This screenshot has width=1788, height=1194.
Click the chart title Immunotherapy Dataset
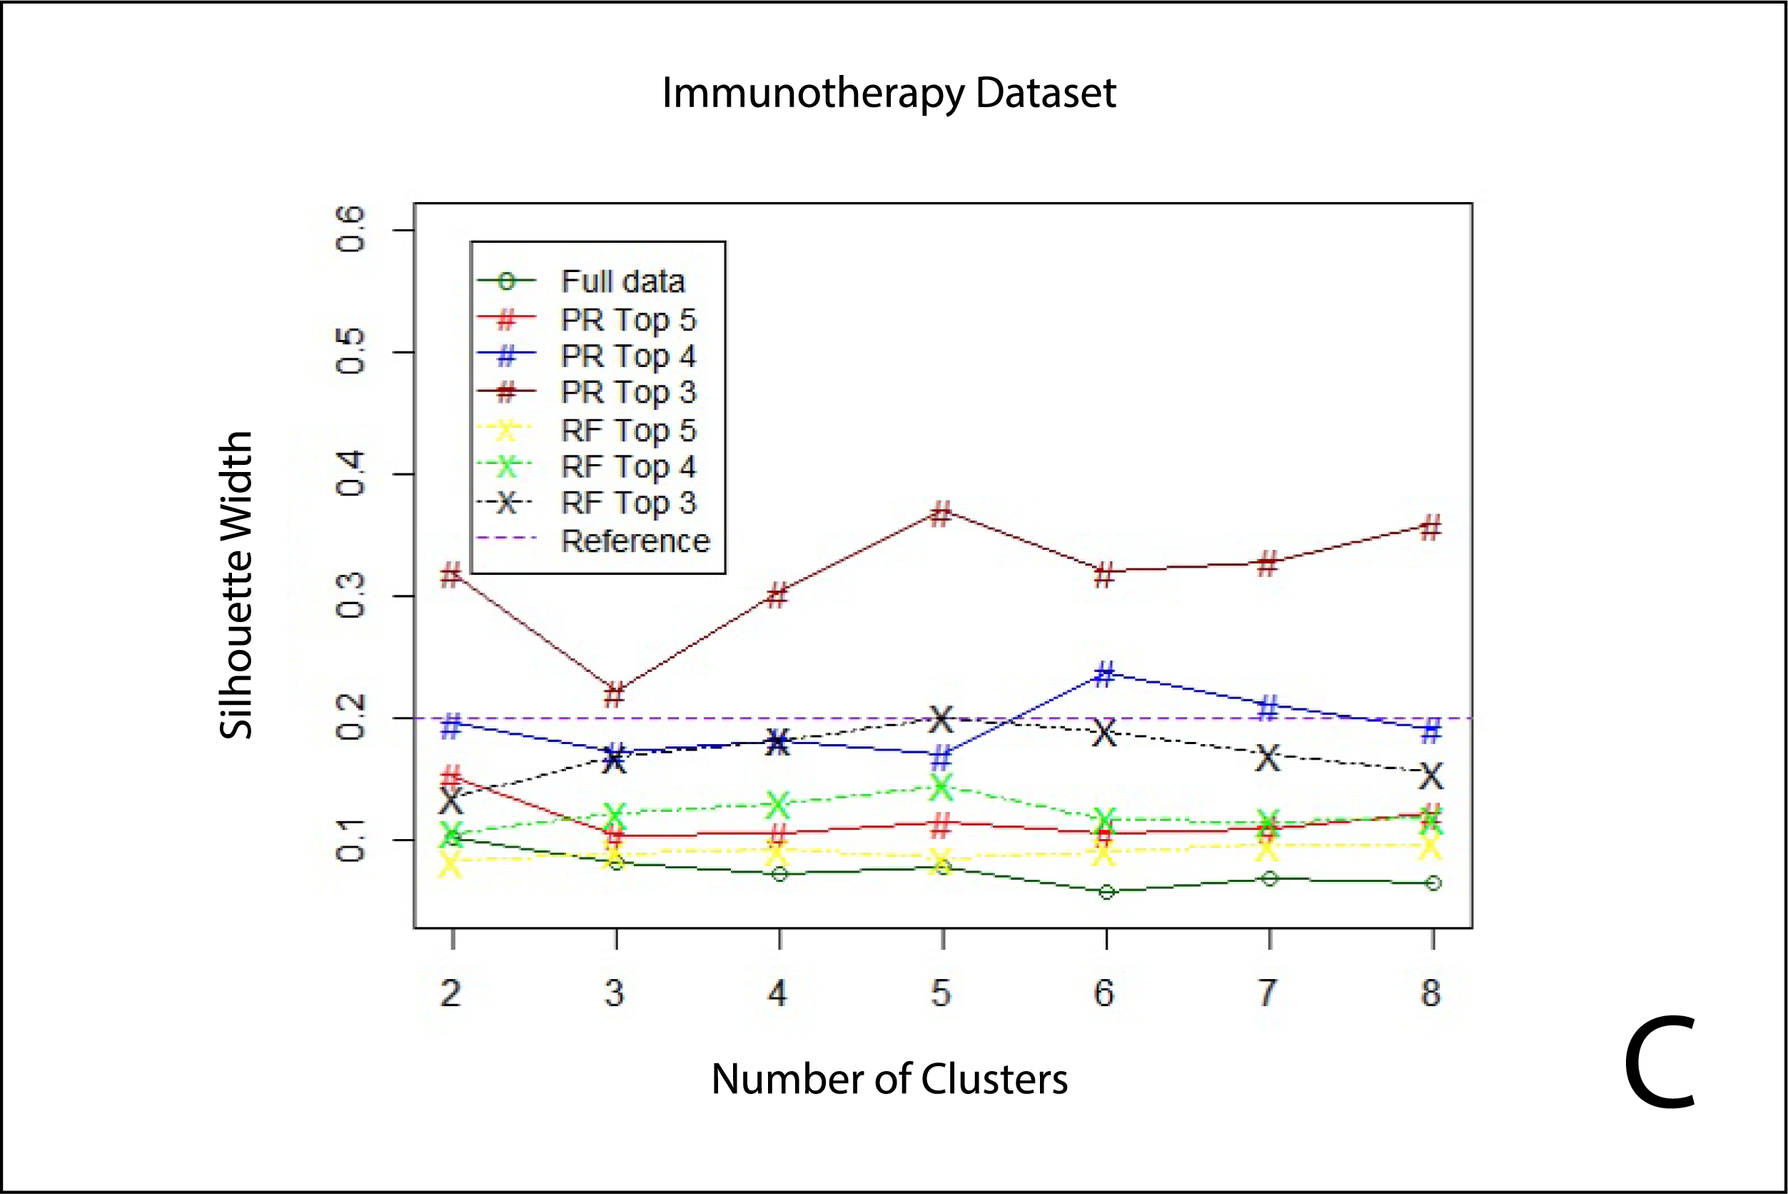(x=889, y=93)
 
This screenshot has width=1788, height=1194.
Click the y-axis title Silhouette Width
(x=236, y=585)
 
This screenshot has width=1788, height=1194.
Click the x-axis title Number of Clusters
(x=889, y=1078)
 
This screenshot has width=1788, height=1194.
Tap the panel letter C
(x=1660, y=1065)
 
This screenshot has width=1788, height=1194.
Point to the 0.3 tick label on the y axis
(x=350, y=596)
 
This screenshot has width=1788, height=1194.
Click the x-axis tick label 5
(x=941, y=993)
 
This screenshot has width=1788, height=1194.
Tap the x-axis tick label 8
(x=1431, y=993)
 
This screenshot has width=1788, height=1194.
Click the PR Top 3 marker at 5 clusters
(x=941, y=513)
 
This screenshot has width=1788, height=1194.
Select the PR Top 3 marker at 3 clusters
(x=615, y=694)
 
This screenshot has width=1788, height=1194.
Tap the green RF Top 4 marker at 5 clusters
(x=941, y=788)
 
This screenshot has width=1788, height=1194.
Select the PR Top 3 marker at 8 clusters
(x=1431, y=527)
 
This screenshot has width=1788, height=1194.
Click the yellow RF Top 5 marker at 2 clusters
(x=450, y=864)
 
